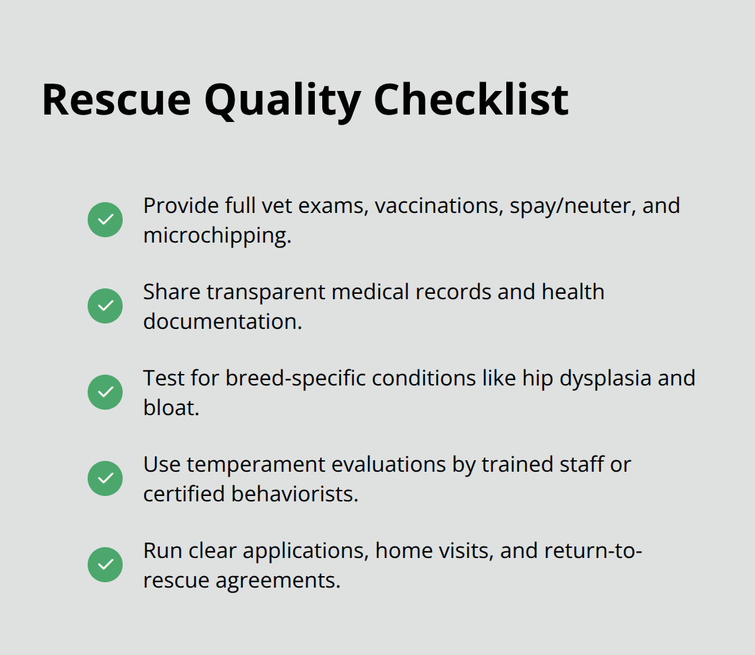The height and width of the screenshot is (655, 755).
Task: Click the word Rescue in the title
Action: pos(116,99)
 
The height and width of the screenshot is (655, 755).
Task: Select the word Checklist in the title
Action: pos(471,99)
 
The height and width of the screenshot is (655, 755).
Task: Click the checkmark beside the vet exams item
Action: pos(105,220)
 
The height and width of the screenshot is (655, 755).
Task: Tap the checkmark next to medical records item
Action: pos(105,306)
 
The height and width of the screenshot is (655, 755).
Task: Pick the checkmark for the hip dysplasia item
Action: pos(105,392)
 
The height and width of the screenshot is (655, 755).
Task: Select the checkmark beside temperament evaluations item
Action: pos(105,478)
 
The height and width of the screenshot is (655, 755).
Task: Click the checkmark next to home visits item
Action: pos(105,565)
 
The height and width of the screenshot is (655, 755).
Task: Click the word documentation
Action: pos(222,321)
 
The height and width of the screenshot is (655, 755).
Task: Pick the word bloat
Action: pos(171,408)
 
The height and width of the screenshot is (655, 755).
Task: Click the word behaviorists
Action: pos(294,494)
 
